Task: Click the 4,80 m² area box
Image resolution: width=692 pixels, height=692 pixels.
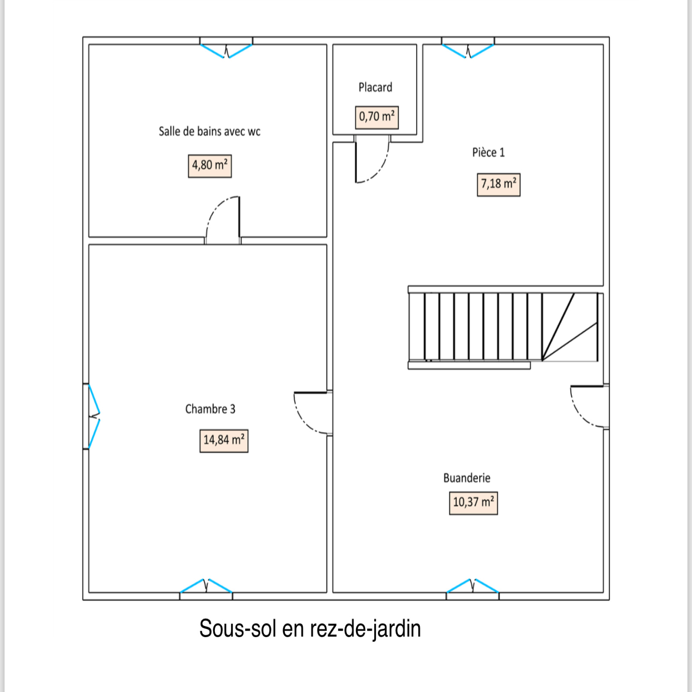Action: pyautogui.click(x=210, y=166)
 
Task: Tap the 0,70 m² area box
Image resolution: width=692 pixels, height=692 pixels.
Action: pyautogui.click(x=377, y=117)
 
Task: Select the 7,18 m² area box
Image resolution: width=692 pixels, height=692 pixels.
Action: pyautogui.click(x=499, y=185)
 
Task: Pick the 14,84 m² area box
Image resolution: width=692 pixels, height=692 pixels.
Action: pyautogui.click(x=224, y=441)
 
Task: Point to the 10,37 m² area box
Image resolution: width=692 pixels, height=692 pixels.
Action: pyautogui.click(x=474, y=503)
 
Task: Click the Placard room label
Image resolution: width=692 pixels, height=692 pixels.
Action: pyautogui.click(x=375, y=87)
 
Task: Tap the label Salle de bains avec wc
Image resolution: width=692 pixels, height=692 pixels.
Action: pyautogui.click(x=209, y=131)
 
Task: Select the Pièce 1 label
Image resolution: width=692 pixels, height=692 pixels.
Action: pyautogui.click(x=488, y=152)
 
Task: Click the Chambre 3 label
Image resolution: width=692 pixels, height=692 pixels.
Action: pyautogui.click(x=210, y=409)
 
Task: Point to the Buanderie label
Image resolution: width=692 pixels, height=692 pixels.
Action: pyautogui.click(x=467, y=478)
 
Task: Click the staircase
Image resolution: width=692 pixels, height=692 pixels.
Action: pyautogui.click(x=503, y=327)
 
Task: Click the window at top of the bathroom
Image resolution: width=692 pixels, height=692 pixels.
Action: pyautogui.click(x=226, y=48)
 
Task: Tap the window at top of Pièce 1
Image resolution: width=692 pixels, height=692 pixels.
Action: pyautogui.click(x=468, y=48)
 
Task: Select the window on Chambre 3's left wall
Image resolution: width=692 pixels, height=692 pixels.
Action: pyautogui.click(x=92, y=416)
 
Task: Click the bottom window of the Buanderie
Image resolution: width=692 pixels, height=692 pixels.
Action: pyautogui.click(x=472, y=589)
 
